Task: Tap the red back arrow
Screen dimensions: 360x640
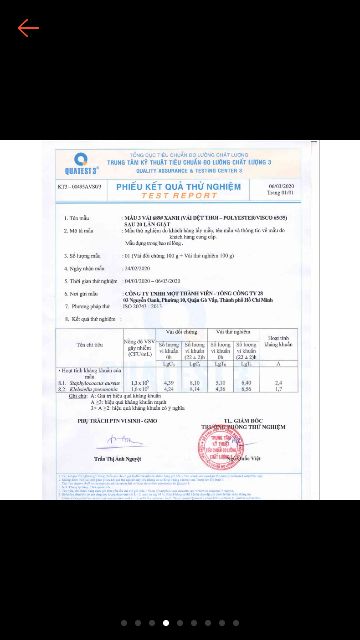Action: [x=28, y=27]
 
